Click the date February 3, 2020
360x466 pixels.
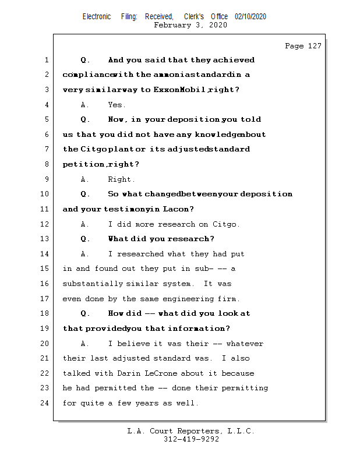[x=190, y=25]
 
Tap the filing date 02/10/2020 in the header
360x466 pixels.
[x=250, y=17]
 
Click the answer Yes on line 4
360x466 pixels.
[x=117, y=105]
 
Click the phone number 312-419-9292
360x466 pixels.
[x=191, y=439]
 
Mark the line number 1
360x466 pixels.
[x=46, y=60]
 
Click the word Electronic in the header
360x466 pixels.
[x=97, y=17]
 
